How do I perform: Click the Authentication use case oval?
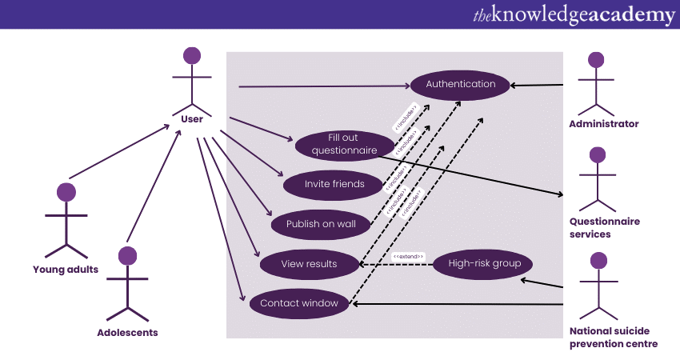pos(460,84)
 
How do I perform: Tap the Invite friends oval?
pos(334,184)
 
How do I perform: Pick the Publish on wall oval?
pos(321,224)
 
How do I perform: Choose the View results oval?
pos(309,264)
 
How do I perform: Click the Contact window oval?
pos(299,303)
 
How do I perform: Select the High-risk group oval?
pos(484,263)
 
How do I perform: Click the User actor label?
pos(192,119)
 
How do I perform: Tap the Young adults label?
pos(66,269)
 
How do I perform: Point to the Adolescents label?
pos(127,332)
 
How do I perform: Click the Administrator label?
pos(604,124)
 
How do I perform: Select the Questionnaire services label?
pos(605,228)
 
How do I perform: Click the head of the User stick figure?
pos(192,56)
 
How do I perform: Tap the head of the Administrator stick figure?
pos(595,60)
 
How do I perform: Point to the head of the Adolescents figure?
pos(127,255)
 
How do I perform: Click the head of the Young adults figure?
pos(66,192)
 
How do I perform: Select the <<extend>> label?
pos(408,256)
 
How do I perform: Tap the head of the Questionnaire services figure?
pos(596,155)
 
